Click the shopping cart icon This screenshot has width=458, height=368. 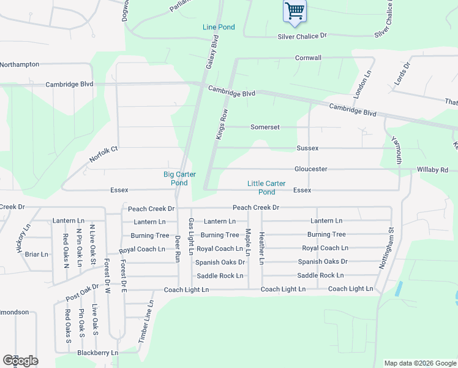tap(295, 10)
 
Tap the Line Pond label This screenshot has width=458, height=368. tap(219, 28)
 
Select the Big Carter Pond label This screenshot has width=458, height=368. tap(179, 178)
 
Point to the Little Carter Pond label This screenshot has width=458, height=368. tap(266, 188)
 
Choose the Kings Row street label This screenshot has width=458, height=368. tap(222, 124)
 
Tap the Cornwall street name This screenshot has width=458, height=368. tap(308, 58)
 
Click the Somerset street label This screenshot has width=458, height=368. tap(265, 127)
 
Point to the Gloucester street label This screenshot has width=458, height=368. tap(310, 169)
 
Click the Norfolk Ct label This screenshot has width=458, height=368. tap(103, 154)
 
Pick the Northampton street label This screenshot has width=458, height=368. tap(20, 64)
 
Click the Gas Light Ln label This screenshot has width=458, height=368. tap(191, 236)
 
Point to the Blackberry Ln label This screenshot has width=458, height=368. tap(97, 353)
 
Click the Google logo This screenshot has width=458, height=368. tap(20, 360)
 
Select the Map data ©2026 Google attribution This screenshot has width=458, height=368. tap(419, 363)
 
